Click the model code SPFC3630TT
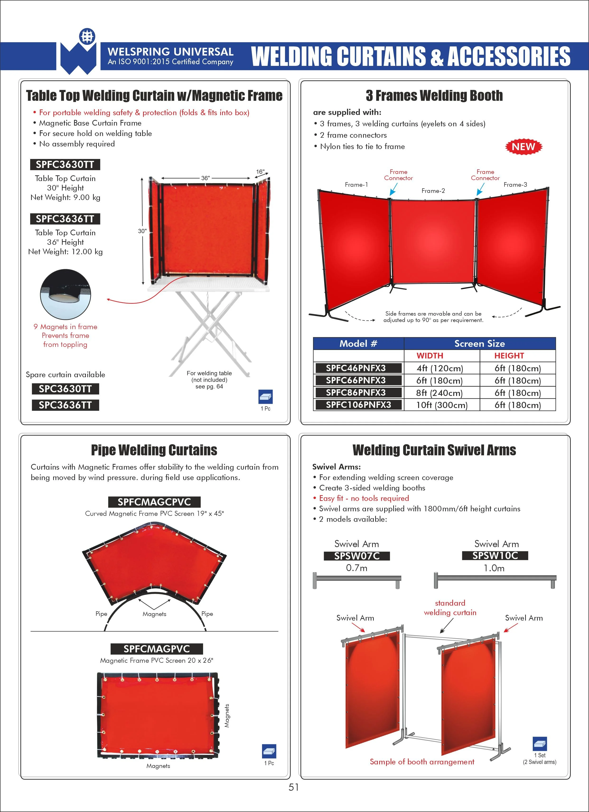(65, 164)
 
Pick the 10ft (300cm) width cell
(442, 405)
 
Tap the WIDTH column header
(430, 355)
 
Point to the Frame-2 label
(433, 191)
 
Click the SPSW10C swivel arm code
(495, 555)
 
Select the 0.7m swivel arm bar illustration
(357, 580)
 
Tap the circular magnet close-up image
(65, 294)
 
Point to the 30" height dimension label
(142, 231)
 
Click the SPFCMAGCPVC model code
(154, 502)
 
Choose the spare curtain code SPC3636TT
(65, 405)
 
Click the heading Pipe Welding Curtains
(154, 450)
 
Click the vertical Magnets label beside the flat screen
(227, 716)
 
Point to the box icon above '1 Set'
(540, 744)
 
